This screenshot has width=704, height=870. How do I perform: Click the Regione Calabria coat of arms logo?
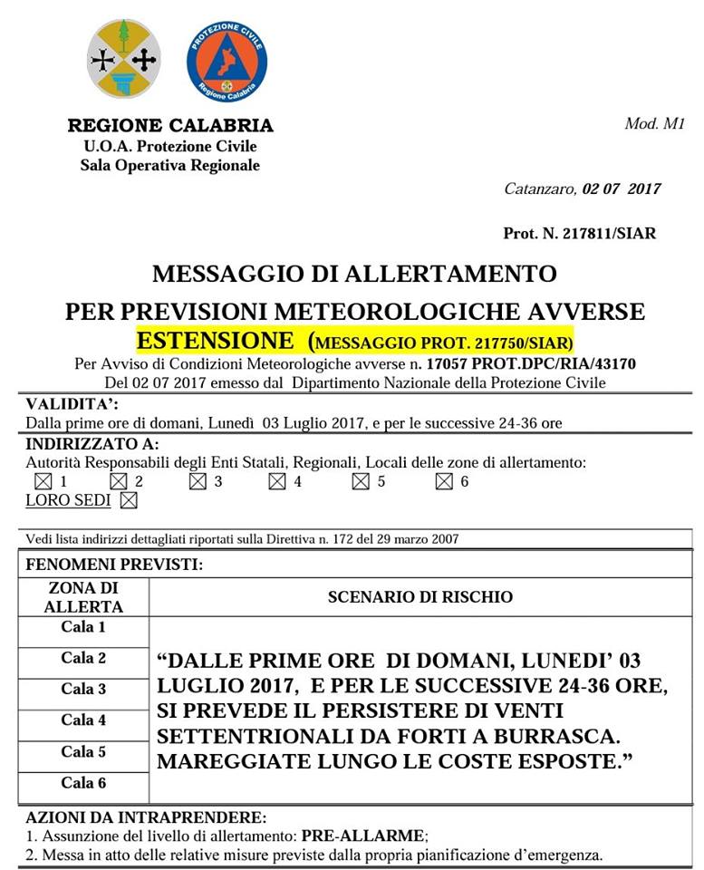click(x=124, y=59)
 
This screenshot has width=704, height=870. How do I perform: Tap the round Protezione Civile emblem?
click(x=227, y=62)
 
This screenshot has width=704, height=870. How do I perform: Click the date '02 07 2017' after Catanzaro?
click(x=622, y=189)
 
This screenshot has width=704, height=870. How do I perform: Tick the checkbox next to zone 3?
click(x=197, y=481)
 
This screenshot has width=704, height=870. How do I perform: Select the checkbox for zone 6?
click(x=443, y=481)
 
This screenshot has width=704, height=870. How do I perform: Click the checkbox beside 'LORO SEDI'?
click(x=129, y=499)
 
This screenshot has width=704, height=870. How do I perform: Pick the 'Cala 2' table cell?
click(x=83, y=658)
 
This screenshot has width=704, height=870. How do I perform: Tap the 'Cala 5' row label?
click(x=83, y=751)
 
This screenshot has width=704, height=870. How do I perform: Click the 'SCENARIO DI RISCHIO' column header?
click(x=420, y=597)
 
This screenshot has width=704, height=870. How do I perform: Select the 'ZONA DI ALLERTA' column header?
click(x=83, y=596)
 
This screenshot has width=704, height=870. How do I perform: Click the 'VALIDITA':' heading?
click(x=72, y=403)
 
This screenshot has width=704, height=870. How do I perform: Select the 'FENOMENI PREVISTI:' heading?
click(x=114, y=564)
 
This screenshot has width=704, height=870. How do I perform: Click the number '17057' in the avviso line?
click(x=447, y=364)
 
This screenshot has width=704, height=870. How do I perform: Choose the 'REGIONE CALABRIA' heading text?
click(x=169, y=125)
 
